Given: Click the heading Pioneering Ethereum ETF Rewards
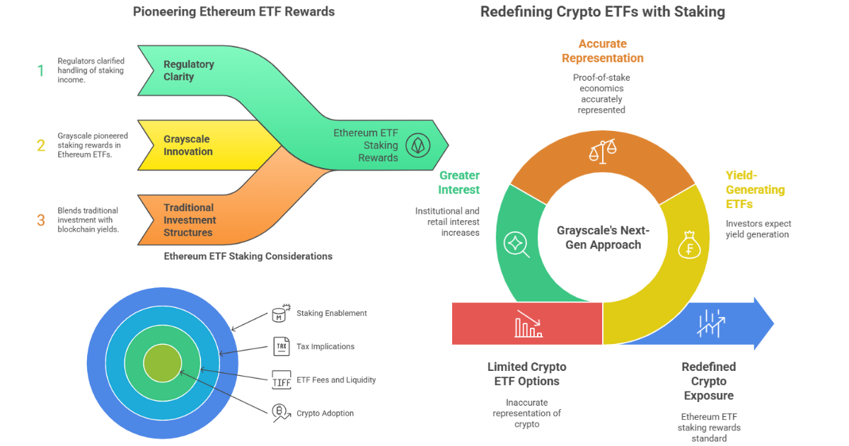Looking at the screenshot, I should tap(233, 11).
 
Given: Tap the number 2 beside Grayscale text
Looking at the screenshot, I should tap(41, 145).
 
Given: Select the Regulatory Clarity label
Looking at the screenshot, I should tap(188, 70).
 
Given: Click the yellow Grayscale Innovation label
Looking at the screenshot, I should tap(187, 145).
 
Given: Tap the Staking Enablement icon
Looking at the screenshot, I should tap(281, 314).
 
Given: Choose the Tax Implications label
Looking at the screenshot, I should tap(325, 346).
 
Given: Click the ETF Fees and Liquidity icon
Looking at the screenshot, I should tap(281, 380).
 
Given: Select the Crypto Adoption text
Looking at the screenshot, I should tap(325, 413).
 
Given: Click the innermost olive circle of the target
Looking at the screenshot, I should tap(162, 365).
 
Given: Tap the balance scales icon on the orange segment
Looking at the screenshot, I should tap(603, 149).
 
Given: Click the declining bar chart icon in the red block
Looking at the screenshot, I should tap(528, 324).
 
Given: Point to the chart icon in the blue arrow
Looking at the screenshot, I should tap(710, 323).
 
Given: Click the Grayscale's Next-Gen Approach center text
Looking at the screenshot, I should tap(603, 238).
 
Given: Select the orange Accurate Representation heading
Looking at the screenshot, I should tap(602, 51).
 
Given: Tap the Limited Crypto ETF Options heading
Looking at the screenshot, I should tap(526, 374).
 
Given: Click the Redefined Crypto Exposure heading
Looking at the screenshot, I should tap(708, 381).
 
